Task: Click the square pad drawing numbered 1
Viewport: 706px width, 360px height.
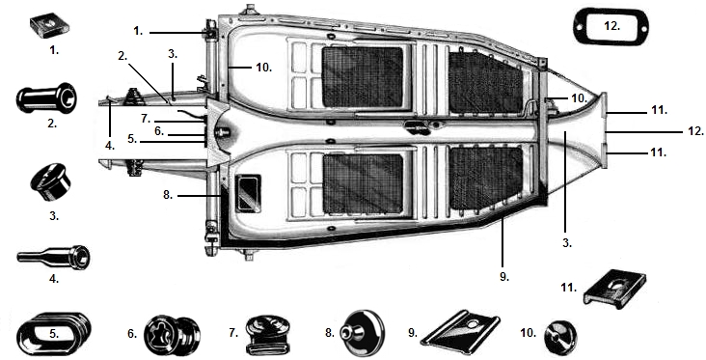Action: tap(50, 26)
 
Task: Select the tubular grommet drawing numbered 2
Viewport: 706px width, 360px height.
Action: tap(46, 98)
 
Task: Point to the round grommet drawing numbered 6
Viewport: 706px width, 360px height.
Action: tap(172, 336)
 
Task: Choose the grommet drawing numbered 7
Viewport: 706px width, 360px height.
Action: tap(268, 335)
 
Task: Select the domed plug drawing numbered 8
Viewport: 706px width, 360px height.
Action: tap(363, 333)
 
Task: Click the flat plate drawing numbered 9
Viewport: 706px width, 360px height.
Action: tap(460, 332)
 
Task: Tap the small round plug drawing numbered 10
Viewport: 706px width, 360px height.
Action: tap(560, 338)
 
